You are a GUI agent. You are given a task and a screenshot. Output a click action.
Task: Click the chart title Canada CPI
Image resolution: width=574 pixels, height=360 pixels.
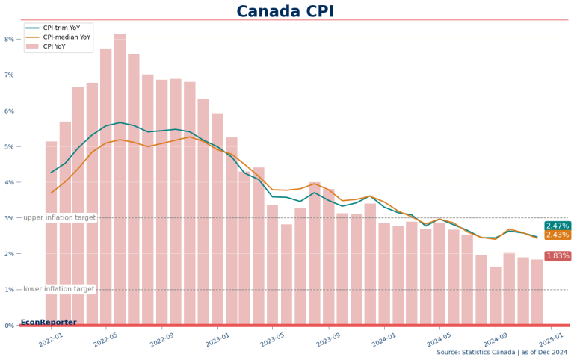tap(285, 11)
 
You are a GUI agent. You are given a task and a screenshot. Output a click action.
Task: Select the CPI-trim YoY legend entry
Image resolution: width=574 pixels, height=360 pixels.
tap(58, 28)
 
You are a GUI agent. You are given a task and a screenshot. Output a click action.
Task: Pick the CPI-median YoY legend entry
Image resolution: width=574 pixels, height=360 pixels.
tap(58, 37)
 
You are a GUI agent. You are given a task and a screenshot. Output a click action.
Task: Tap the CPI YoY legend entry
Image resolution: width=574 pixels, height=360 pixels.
tap(46, 46)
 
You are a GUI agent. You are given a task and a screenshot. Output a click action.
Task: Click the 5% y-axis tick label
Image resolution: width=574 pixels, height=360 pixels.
tap(10, 146)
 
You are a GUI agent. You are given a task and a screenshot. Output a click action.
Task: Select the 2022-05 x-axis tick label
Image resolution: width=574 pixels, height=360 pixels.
tap(106, 339)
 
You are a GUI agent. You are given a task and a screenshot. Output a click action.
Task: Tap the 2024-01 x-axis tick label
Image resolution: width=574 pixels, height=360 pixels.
tap(384, 339)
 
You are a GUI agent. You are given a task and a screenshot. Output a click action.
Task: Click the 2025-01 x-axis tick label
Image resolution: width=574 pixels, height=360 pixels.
tap(552, 339)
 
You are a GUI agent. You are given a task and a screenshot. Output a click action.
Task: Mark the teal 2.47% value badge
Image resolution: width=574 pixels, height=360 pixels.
tap(558, 226)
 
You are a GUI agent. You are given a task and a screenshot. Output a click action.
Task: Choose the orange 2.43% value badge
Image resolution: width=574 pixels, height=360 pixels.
tap(558, 235)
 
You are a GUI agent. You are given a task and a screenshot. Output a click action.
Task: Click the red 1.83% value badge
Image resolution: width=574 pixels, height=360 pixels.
tap(558, 255)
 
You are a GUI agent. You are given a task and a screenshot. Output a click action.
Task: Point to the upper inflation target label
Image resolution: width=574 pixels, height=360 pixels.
tap(59, 217)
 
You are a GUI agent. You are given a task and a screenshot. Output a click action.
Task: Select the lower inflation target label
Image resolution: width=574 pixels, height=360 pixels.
tap(58, 289)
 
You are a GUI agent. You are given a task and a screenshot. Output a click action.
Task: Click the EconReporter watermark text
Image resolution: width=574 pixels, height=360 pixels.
tap(49, 323)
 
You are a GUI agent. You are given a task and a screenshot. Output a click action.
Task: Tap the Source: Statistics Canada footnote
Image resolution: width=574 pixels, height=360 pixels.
tap(502, 353)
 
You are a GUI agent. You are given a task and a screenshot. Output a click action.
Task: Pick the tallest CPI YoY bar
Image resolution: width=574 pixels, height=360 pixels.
tap(120, 179)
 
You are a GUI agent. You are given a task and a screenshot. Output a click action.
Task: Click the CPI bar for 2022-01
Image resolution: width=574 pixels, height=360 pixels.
tap(51, 233)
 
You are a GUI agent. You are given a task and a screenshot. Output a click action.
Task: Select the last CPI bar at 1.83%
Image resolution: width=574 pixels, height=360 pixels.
tap(537, 291)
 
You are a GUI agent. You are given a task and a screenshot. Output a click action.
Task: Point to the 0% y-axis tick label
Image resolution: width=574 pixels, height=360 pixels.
tap(10, 325)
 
